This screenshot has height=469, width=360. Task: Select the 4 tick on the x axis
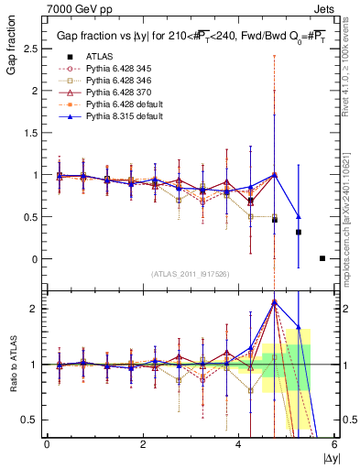click(x=239, y=444)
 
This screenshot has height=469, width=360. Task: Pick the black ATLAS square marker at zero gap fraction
click(x=322, y=258)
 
